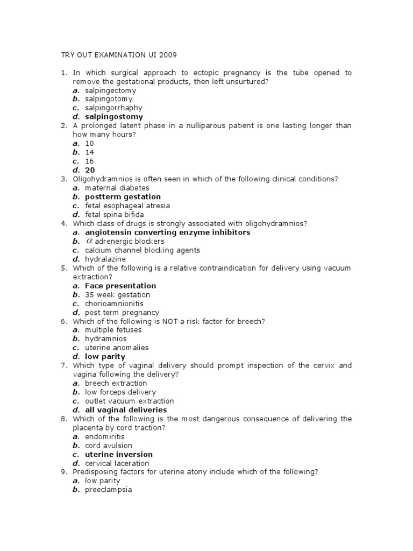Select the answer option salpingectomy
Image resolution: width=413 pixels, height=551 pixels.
point(110,90)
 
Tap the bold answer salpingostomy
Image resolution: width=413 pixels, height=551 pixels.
point(114,117)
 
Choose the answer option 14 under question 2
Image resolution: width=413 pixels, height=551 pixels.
point(89,152)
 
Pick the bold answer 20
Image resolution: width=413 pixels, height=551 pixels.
point(90,170)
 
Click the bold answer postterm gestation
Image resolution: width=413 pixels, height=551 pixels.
point(123,197)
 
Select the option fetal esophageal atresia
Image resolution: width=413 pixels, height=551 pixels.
point(127,206)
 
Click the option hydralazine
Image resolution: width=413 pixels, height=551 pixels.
point(105,259)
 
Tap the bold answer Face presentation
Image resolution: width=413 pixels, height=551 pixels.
point(120,286)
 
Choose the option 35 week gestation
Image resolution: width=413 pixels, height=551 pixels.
point(117,295)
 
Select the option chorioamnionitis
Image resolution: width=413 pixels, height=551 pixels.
point(114,303)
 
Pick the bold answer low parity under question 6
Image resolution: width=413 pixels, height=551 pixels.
point(105,356)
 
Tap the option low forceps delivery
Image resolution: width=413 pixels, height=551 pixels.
point(120,392)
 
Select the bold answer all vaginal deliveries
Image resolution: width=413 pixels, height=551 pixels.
point(126,410)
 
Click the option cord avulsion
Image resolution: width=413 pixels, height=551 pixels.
point(108,446)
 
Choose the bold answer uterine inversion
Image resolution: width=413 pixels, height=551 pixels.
point(119,454)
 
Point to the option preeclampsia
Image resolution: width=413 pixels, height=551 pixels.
point(108,490)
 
